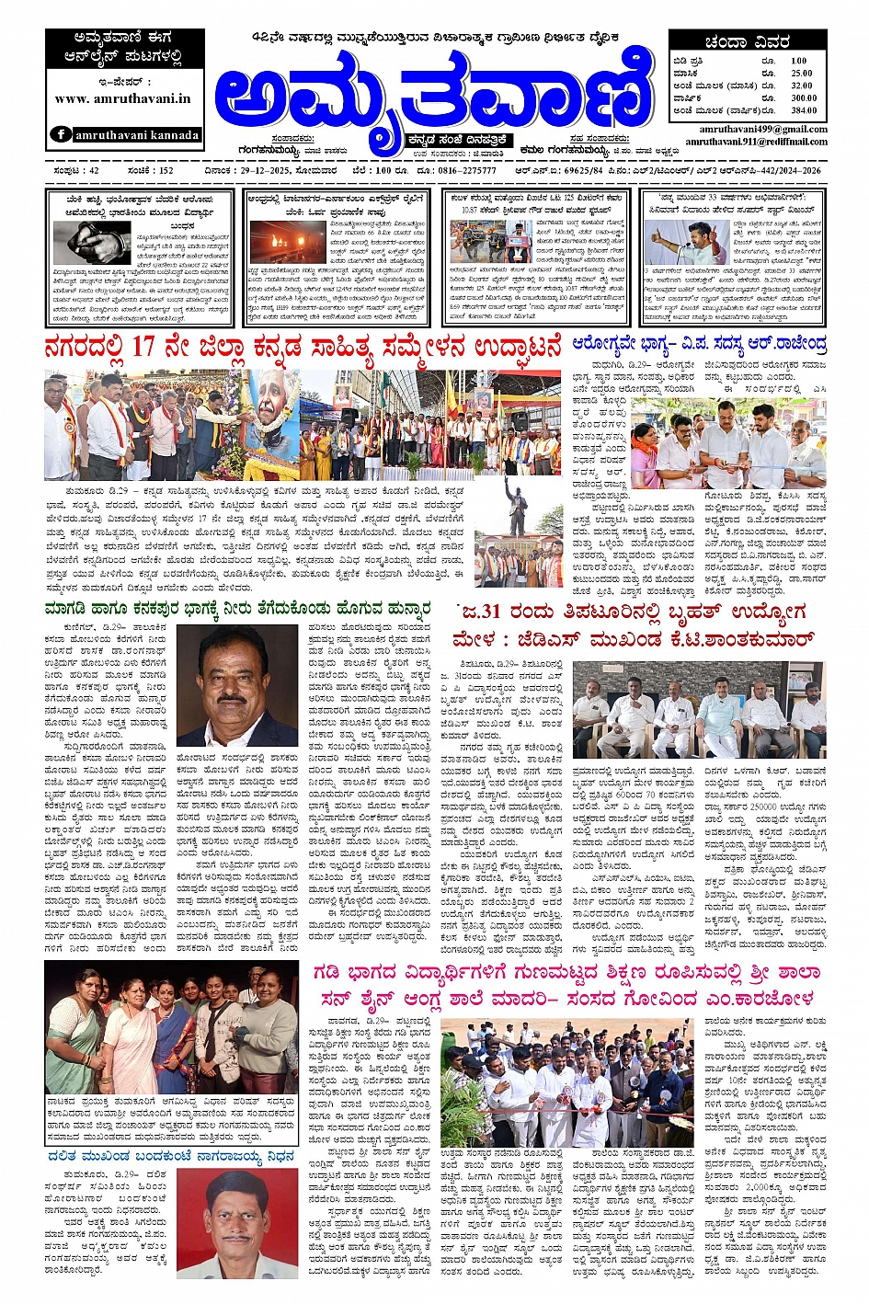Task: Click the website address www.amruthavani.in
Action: point(122,98)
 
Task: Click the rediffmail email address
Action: point(756,142)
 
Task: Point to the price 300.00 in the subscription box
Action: point(802,97)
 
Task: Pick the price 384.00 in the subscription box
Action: point(802,110)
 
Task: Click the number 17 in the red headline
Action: point(143,348)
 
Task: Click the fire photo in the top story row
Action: point(288,242)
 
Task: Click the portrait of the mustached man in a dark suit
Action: point(236,685)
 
